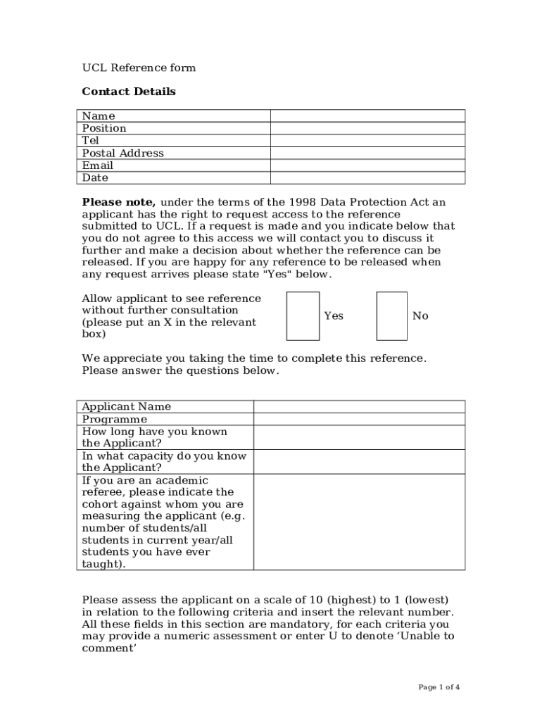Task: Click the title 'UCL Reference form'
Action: point(139,68)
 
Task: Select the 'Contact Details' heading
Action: point(129,92)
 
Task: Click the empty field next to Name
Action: point(367,116)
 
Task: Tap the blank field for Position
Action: point(367,128)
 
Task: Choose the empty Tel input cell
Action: point(367,141)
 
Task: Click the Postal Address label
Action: point(122,153)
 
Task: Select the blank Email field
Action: point(367,165)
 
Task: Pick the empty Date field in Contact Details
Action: point(367,178)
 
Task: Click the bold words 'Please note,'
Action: point(118,203)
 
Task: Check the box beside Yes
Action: point(303,316)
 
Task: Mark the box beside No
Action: point(391,316)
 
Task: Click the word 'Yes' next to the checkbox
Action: point(334,316)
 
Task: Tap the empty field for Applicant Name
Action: point(359,406)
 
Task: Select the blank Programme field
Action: point(359,419)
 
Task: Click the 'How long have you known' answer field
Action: point(359,437)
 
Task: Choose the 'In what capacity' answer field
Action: point(359,462)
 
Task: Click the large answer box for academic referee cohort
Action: point(359,522)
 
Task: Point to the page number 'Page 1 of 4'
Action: point(439,687)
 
